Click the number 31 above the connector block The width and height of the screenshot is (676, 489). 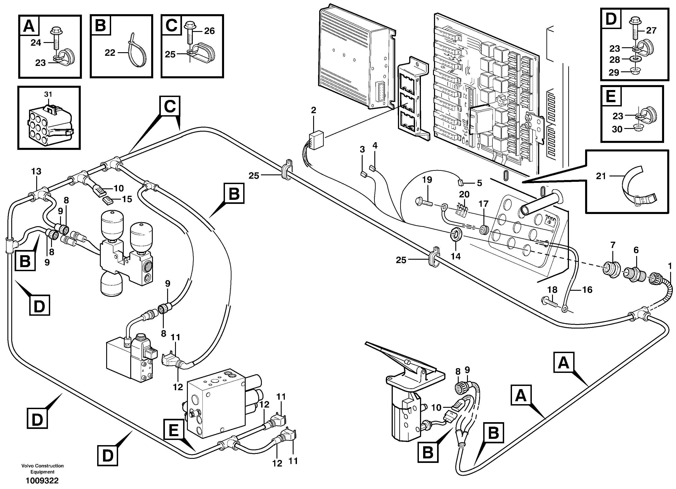(x=48, y=94)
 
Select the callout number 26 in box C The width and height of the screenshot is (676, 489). (x=209, y=31)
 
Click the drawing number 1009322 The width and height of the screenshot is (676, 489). (x=42, y=481)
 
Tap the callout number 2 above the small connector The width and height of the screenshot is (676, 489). (x=313, y=110)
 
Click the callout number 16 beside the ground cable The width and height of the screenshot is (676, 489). (x=587, y=290)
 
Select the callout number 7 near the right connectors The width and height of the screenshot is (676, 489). (x=613, y=245)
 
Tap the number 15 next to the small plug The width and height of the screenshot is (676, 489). (x=127, y=199)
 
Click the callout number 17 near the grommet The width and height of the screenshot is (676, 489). (x=483, y=204)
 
